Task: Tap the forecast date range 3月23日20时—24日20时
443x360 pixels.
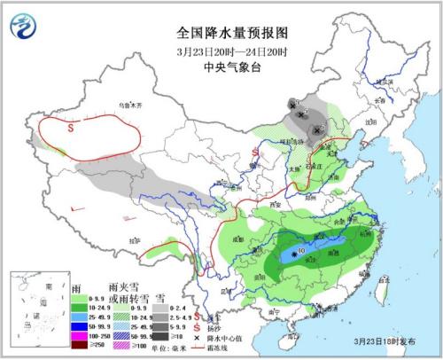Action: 221,49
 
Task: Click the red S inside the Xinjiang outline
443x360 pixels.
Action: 71,127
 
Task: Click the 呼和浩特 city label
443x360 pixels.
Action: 292,141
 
